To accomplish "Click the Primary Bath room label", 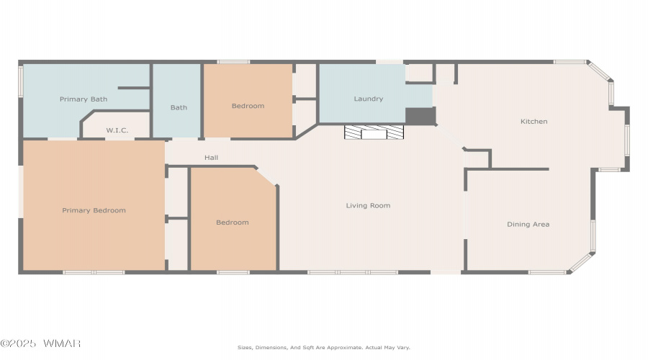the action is pos(84,99).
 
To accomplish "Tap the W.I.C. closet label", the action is pos(117,130).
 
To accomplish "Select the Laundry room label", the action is pos(368,99).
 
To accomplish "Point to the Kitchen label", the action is pos(534,122).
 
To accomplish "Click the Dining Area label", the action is pos(528,225).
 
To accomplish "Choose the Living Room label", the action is pos(368,205).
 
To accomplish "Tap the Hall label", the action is pos(211,158).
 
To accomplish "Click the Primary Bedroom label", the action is pos(94,210).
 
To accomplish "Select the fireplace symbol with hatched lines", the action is pos(374,132).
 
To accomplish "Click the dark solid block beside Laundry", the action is pos(420,116).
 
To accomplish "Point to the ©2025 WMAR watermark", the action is pos(40,343).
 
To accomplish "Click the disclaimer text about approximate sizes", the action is pos(324,348).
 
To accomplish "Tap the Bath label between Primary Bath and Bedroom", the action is pos(179,107).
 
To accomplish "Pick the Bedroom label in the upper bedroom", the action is pos(248,106).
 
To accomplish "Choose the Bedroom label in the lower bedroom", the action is pos(233,222).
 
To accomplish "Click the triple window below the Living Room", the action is pos(353,272).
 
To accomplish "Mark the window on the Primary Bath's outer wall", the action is pos(21,82).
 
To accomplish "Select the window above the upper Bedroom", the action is pos(233,62).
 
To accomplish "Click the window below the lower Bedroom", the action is pos(233,272).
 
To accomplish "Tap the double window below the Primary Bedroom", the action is pos(94,272).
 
